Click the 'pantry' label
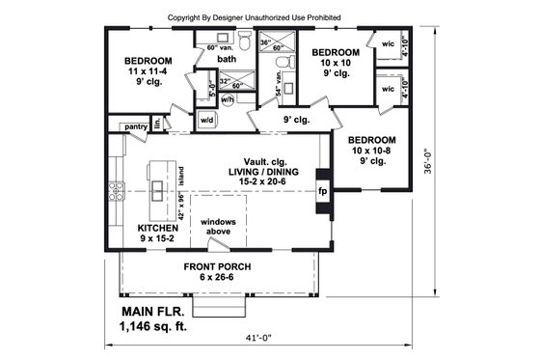pyautogui.click(x=134, y=125)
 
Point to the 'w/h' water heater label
pyautogui.click(x=228, y=98)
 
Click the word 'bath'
pyautogui.click(x=227, y=59)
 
